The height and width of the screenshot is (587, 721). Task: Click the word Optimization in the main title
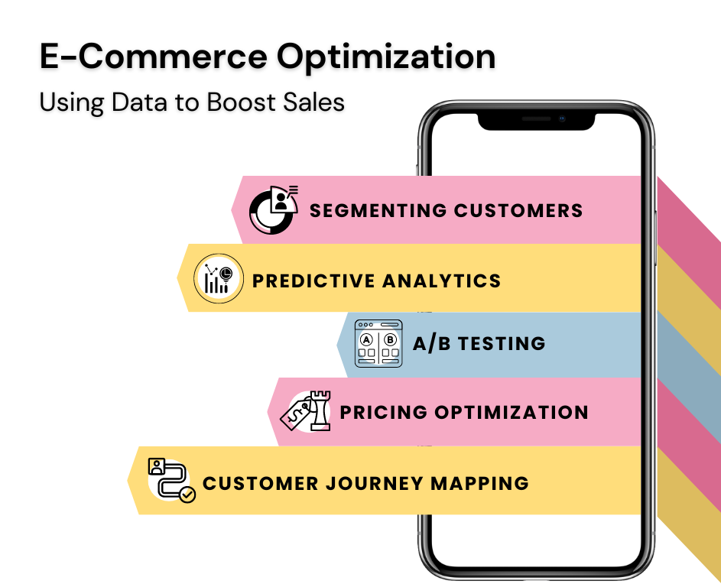coord(386,58)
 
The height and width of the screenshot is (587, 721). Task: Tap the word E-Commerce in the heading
coord(153,56)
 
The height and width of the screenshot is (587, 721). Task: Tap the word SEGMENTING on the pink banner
coord(378,210)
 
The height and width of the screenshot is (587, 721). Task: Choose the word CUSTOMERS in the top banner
coord(518,210)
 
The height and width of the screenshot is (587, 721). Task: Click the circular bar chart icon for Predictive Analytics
coord(219,278)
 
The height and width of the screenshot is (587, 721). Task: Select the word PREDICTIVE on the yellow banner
coord(313,281)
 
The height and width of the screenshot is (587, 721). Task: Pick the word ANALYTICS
coord(441,281)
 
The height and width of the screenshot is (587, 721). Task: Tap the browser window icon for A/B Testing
coord(378,343)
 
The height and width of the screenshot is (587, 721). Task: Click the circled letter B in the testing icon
coord(390,339)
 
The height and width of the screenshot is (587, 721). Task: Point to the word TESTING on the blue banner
coord(502,343)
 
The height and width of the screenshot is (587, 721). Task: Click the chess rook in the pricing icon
coord(320,410)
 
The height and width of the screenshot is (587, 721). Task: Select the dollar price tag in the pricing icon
coord(296,413)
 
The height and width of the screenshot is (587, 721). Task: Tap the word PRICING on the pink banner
coord(384,412)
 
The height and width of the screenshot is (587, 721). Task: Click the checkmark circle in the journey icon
coord(187,495)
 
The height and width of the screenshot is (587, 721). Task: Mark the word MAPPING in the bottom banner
coord(479,483)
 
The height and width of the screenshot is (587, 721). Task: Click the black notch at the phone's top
coord(536,121)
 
